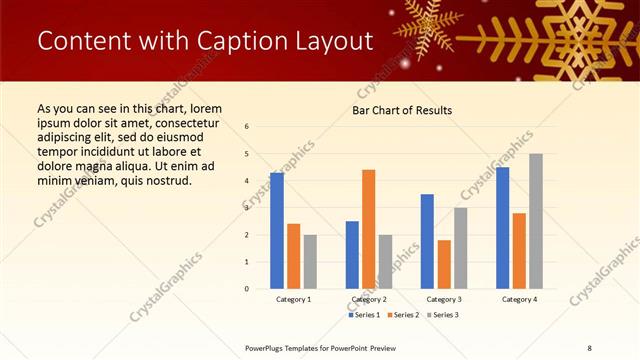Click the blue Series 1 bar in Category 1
pos(277,231)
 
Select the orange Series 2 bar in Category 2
pos(368,229)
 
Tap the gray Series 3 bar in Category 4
pos(536,221)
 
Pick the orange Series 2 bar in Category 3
pos(444,264)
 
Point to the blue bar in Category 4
pos(502,228)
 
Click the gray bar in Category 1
pos(310,262)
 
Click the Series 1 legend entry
pos(365,315)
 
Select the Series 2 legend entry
pos(404,315)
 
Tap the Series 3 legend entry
pos(443,315)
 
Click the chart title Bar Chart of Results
pos(402,110)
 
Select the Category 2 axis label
pos(368,299)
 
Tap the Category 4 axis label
pos(519,299)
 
